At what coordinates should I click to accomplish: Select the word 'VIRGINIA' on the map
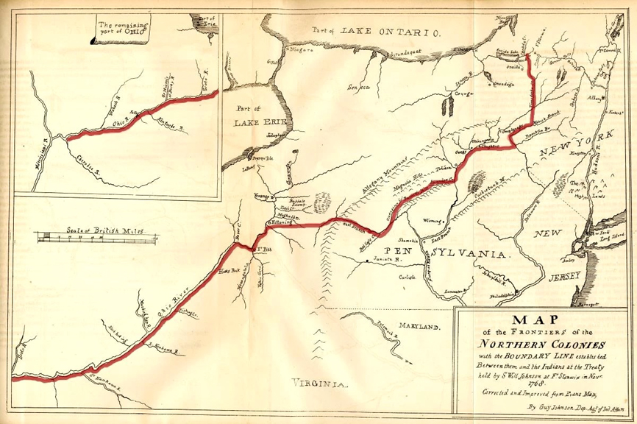tap(318, 384)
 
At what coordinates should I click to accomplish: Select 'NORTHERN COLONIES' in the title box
tap(542, 344)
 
